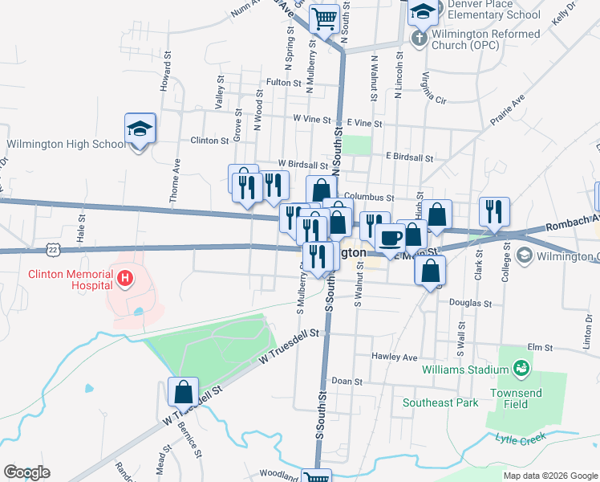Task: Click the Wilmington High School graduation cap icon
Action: pyautogui.click(x=140, y=129)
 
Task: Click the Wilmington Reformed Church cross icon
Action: pyautogui.click(x=420, y=38)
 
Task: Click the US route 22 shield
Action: pyautogui.click(x=54, y=250)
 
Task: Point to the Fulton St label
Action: pyautogui.click(x=283, y=82)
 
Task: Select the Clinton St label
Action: pyautogui.click(x=209, y=140)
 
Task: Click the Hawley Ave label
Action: pyautogui.click(x=395, y=357)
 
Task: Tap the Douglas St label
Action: pyautogui.click(x=470, y=304)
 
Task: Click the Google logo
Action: pyautogui.click(x=26, y=472)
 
